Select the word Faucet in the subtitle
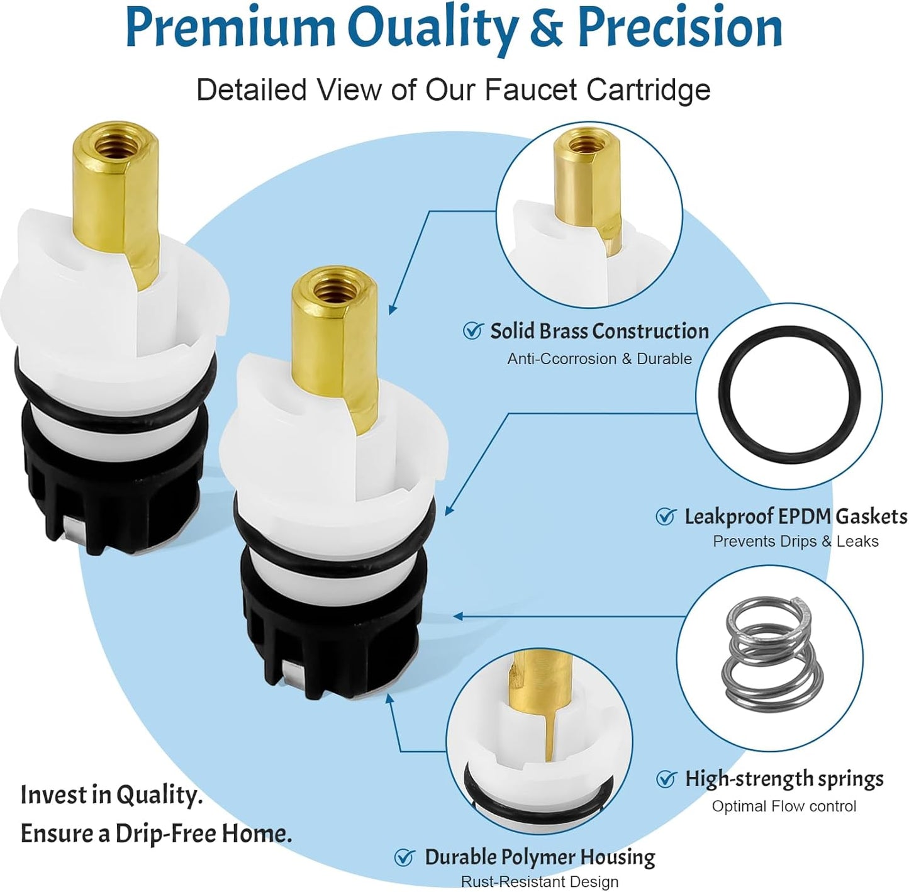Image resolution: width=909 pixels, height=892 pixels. pos(531,89)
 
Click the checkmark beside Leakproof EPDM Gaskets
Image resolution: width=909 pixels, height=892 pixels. pos(666,516)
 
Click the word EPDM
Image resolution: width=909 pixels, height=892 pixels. pos(805,516)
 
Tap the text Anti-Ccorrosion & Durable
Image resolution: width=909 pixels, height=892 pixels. pos(599,359)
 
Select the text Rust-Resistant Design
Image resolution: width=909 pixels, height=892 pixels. pos(540,881)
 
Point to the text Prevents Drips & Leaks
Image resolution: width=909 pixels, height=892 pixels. pos(796,541)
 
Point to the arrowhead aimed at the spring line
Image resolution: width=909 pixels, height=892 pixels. pos(458,616)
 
